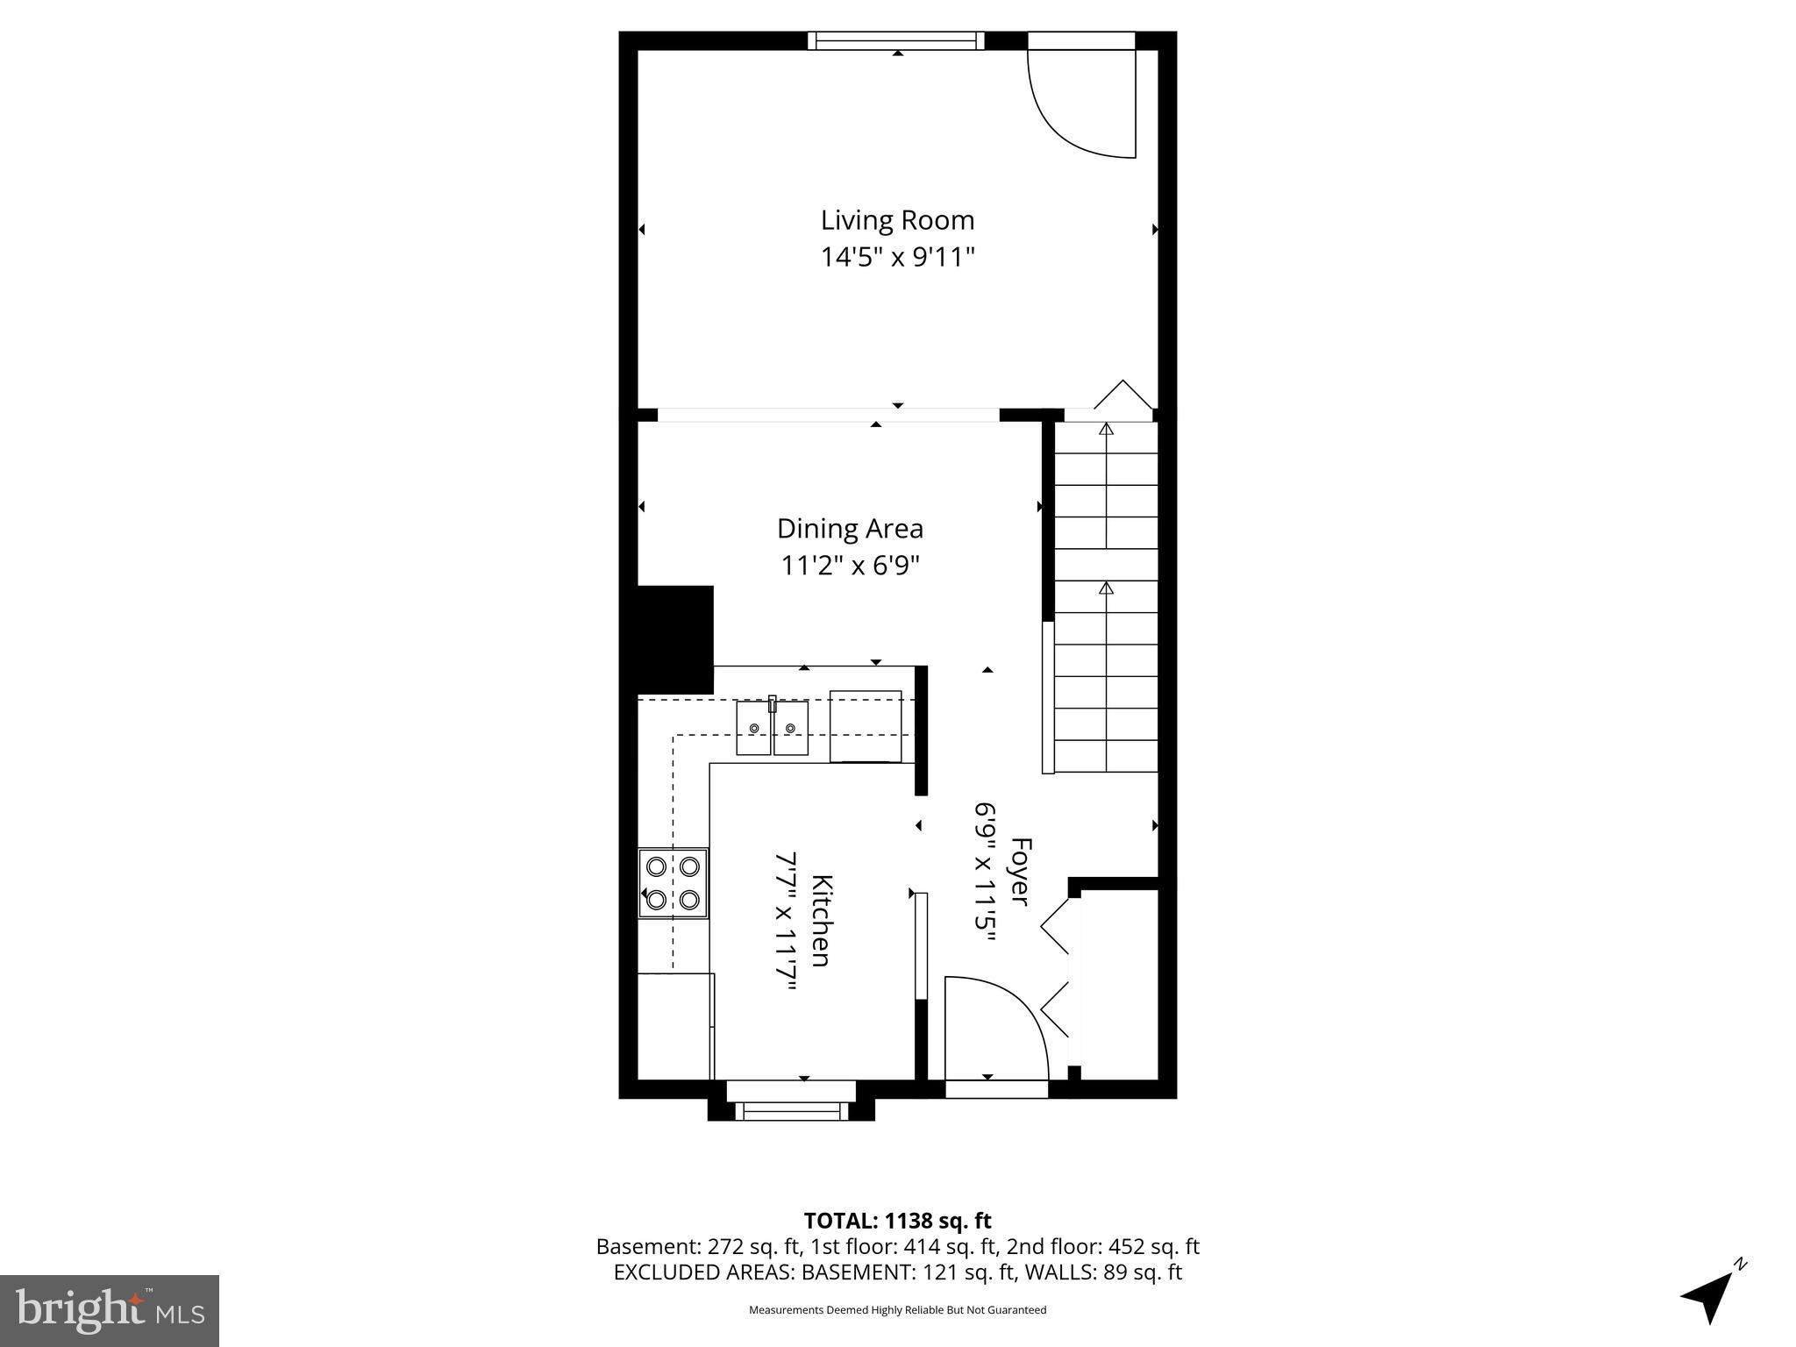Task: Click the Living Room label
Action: pos(897,220)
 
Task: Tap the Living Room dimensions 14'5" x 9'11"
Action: pos(897,258)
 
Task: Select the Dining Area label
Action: pos(850,529)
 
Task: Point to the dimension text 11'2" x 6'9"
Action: pos(850,566)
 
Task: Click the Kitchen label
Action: pos(821,920)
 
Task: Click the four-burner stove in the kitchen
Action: pos(673,883)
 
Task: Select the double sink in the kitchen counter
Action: pos(772,727)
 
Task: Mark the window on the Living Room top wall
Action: pos(895,40)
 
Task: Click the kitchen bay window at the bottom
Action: pos(791,1110)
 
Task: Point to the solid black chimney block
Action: pos(673,640)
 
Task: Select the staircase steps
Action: pos(1105,596)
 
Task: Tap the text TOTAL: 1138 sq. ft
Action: pos(897,1221)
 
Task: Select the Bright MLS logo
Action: pos(110,1310)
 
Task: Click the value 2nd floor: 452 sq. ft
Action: pos(1103,1246)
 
